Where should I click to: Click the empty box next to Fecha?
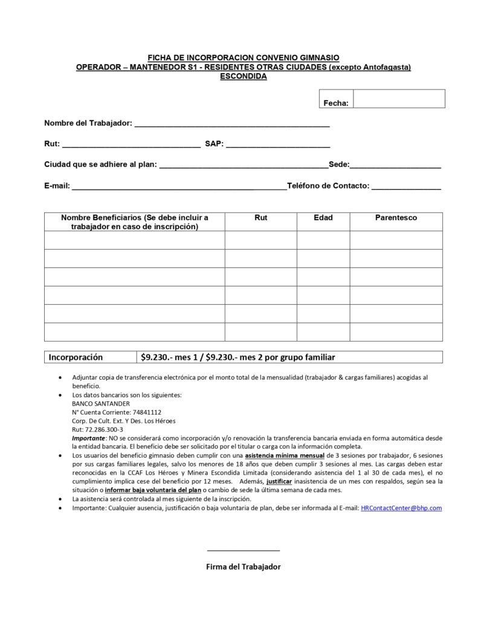tap(399, 99)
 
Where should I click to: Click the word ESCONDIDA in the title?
tap(243, 76)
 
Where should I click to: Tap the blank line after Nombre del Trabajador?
tap(231, 125)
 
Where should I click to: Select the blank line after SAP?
tap(278, 146)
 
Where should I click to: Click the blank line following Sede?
tap(395, 166)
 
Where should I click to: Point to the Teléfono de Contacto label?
tap(328, 186)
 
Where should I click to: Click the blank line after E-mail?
tap(179, 188)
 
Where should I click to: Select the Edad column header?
tap(323, 218)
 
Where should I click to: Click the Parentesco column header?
tap(396, 218)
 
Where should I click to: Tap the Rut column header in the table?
tap(261, 218)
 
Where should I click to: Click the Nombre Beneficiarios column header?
tap(134, 222)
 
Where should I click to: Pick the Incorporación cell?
tap(76, 357)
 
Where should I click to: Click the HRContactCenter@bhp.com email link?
tap(401, 508)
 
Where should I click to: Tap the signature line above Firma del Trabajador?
tap(243, 550)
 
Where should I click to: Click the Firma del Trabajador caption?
tap(243, 566)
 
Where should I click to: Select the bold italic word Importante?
tap(88, 438)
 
